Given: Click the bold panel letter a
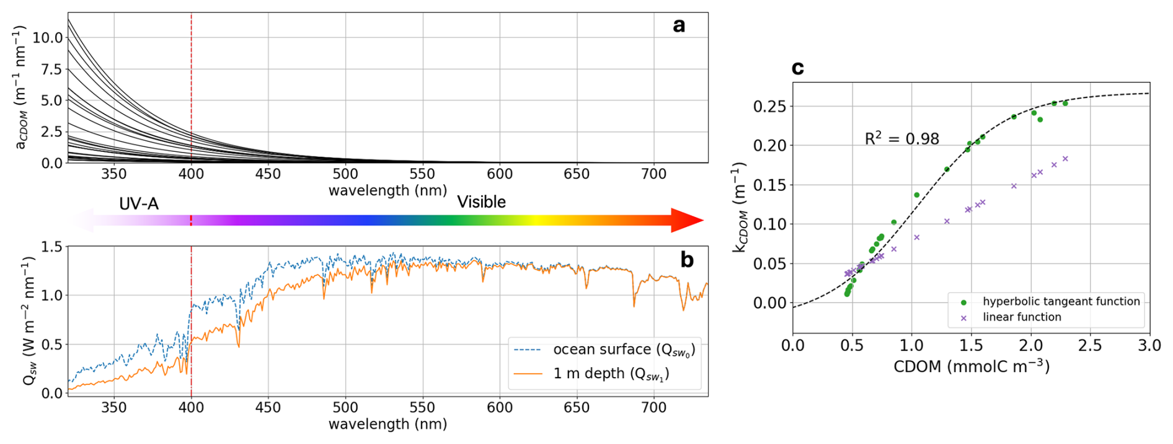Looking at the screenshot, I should (x=679, y=25).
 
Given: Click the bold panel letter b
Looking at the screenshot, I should (x=686, y=259).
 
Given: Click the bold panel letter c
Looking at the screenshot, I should (x=798, y=68).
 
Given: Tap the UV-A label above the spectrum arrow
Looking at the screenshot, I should (x=139, y=203).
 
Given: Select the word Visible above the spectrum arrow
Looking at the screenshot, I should (x=481, y=202).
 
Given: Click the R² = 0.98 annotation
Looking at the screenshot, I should (x=901, y=138).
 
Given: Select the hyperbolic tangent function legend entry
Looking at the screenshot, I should (x=1061, y=301).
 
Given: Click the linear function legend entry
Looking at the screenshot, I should (x=1022, y=317).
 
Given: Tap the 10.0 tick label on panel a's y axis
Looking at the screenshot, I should (x=48, y=38).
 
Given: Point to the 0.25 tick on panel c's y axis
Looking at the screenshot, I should (x=769, y=107).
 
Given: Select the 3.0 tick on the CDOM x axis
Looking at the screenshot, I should (x=1149, y=345).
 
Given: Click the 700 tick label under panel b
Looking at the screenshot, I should (x=653, y=407).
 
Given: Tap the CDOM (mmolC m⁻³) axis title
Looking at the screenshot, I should (x=971, y=366).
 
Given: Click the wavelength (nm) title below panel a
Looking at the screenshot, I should (x=387, y=190).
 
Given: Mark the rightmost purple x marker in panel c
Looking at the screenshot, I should (x=1065, y=159).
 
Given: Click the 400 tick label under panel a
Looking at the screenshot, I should (x=191, y=174).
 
